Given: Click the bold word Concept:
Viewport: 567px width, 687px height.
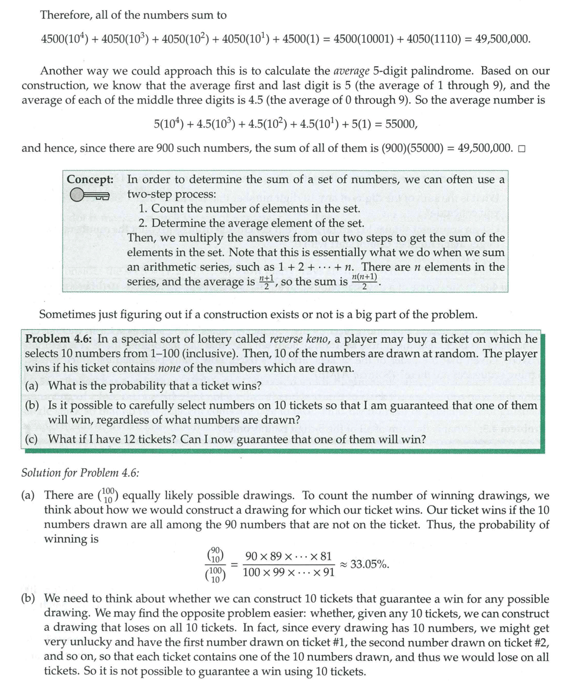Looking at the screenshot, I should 90,179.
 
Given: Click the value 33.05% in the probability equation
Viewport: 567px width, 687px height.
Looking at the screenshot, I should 370,563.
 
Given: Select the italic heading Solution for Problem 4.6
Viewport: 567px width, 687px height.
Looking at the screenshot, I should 80,472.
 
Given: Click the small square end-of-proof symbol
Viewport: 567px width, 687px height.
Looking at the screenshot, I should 521,148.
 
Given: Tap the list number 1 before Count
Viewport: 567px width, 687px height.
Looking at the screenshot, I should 143,209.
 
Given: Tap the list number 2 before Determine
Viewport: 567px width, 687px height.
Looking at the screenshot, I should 143,223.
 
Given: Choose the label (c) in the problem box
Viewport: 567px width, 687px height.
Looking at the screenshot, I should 33,439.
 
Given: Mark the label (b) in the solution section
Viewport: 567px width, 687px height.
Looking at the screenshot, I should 29,599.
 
